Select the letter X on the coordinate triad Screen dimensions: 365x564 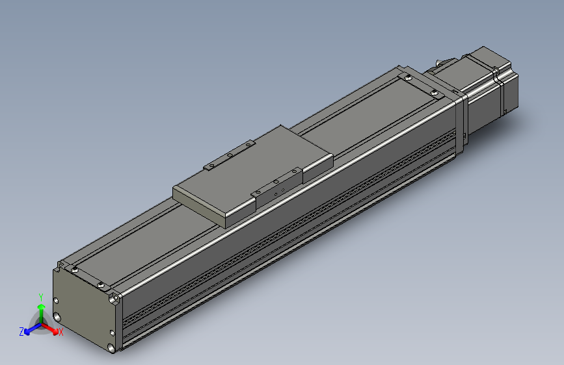pyautogui.click(x=61, y=333)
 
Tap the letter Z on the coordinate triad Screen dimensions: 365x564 pyautogui.click(x=21, y=331)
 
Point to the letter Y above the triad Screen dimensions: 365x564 pyautogui.click(x=40, y=296)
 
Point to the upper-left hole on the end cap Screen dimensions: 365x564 pyautogui.click(x=57, y=301)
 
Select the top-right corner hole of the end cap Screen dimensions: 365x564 pyautogui.click(x=115, y=299)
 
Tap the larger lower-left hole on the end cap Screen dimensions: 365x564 pyautogui.click(x=59, y=317)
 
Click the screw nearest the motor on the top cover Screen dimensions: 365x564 pyautogui.click(x=433, y=91)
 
